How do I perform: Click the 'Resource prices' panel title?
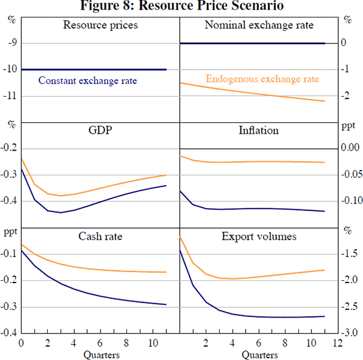[100, 25]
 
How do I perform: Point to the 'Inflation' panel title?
[259, 130]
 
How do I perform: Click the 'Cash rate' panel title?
[100, 235]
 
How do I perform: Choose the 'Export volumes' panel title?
[260, 235]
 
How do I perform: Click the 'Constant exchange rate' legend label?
[88, 80]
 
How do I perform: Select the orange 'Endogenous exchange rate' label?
[263, 79]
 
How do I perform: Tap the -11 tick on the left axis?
[11, 96]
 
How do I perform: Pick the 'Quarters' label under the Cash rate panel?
[100, 354]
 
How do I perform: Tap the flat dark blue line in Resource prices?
[100, 70]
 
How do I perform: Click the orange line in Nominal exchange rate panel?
[254, 91]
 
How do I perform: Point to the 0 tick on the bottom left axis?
[21, 344]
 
